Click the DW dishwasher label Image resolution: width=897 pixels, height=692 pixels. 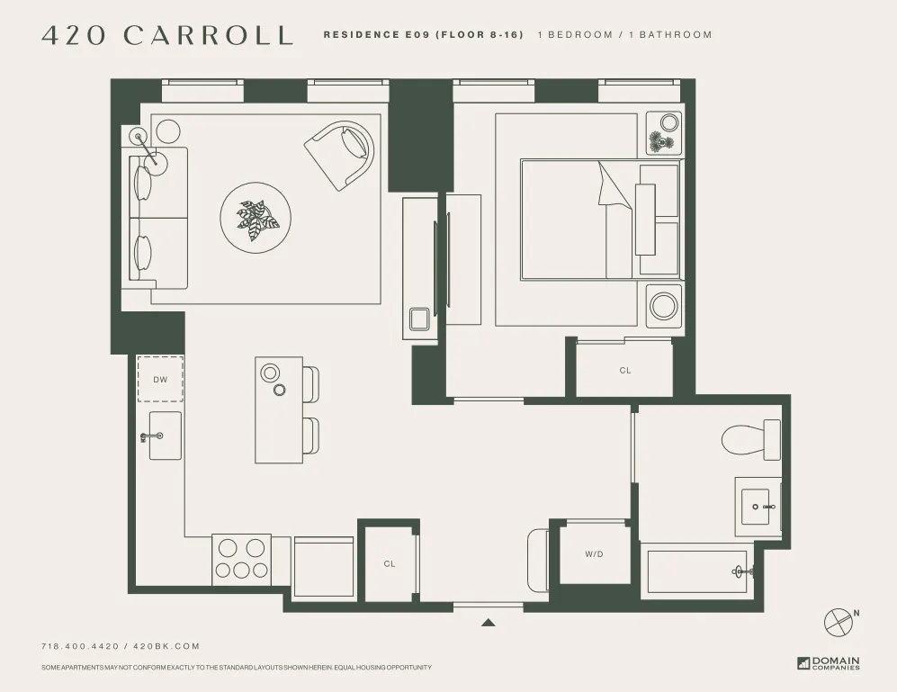coord(160,380)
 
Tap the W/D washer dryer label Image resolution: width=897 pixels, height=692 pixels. coord(594,554)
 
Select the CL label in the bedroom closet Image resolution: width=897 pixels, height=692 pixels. coord(625,370)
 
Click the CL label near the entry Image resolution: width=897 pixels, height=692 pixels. coord(390,564)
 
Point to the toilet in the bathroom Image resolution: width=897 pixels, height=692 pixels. coord(750,438)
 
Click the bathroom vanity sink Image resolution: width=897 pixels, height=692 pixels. coord(758,507)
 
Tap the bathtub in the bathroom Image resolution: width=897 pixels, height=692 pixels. coord(698,571)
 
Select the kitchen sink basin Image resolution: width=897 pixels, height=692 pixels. coord(165,436)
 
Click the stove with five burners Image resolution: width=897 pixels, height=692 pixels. coord(241,559)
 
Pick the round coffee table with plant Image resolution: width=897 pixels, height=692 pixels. coord(256,219)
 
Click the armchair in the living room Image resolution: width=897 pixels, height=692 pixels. coord(341,154)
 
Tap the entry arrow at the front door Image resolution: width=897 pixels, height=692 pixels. coord(489,621)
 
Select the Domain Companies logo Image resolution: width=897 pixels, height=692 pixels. coord(828,663)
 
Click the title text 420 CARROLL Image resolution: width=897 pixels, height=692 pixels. coord(167,36)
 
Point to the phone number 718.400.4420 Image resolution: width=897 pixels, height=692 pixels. coord(83,646)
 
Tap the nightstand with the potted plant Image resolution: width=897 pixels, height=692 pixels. coord(664,133)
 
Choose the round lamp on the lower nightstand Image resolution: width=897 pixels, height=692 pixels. coord(664,304)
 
